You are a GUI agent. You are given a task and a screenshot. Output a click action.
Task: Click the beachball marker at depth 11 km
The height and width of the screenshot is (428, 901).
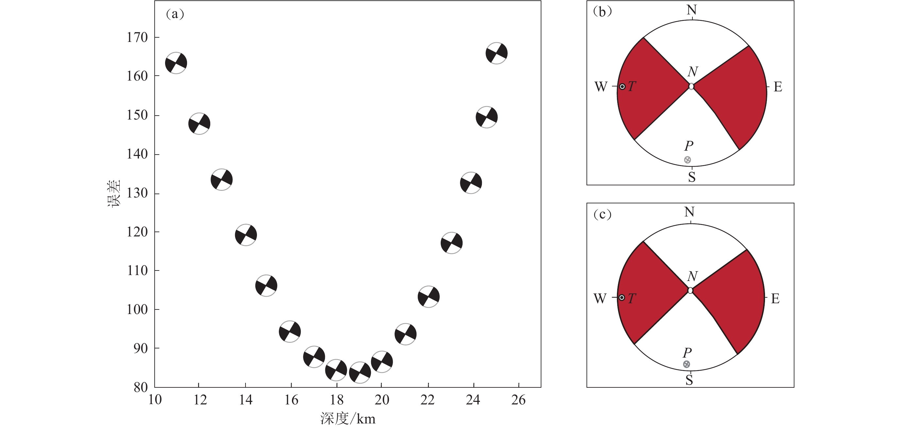pyautogui.click(x=176, y=63)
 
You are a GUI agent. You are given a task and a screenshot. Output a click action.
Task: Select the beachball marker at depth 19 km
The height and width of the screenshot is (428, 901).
pyautogui.click(x=360, y=372)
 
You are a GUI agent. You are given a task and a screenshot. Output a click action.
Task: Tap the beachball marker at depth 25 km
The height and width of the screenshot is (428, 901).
pyautogui.click(x=497, y=53)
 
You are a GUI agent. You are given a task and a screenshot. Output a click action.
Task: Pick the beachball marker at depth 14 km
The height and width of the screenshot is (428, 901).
pyautogui.click(x=246, y=235)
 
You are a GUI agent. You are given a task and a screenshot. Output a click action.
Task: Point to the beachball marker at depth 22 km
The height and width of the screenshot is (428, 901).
pyautogui.click(x=429, y=297)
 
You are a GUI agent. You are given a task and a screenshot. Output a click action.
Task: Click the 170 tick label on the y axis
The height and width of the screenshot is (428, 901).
pyautogui.click(x=137, y=37)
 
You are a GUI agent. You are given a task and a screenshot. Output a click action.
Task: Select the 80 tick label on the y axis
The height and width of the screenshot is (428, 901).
pyautogui.click(x=141, y=387)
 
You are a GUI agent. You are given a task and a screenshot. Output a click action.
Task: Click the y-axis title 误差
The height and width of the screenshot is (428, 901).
pyautogui.click(x=114, y=193)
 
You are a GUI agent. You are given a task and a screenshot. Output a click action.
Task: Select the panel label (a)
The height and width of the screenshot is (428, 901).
pyautogui.click(x=175, y=14)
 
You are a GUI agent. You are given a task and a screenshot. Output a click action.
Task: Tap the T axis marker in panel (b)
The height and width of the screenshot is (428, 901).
pyautogui.click(x=622, y=86)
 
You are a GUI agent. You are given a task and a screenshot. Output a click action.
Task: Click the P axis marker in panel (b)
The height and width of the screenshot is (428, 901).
pyautogui.click(x=687, y=160)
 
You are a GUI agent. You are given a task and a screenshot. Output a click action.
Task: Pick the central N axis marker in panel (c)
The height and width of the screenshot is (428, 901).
pyautogui.click(x=690, y=290)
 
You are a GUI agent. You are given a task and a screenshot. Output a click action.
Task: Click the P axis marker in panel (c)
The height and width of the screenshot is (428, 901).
pyautogui.click(x=687, y=364)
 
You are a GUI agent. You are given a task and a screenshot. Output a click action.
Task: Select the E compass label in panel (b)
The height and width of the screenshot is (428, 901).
pyautogui.click(x=777, y=87)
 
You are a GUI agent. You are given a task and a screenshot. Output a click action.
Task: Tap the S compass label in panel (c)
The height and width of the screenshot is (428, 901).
pyautogui.click(x=689, y=380)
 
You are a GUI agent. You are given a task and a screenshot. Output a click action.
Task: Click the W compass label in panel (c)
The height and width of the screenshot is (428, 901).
pyautogui.click(x=600, y=299)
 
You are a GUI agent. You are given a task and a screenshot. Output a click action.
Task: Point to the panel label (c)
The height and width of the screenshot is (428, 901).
pyautogui.click(x=602, y=214)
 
